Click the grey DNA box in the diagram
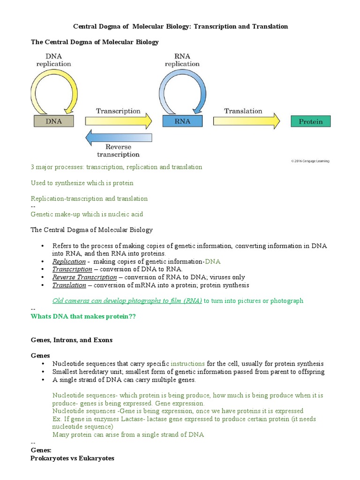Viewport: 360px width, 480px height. (x=53, y=121)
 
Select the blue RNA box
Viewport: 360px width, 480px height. (x=182, y=121)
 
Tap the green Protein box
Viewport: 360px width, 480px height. (x=310, y=121)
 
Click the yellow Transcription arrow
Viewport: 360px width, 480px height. (x=118, y=121)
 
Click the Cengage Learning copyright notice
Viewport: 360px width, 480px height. (x=310, y=161)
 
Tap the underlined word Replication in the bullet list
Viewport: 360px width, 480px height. (x=69, y=261)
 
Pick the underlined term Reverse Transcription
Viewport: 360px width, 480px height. (x=84, y=277)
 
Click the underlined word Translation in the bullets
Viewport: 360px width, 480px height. (x=69, y=285)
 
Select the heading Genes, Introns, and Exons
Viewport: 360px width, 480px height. (x=71, y=340)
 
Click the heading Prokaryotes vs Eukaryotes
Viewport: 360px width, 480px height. (x=72, y=457)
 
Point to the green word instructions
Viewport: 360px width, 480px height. (x=187, y=363)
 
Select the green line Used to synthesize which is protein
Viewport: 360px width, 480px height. (x=82, y=183)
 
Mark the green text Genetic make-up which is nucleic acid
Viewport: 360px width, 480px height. (x=87, y=214)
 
